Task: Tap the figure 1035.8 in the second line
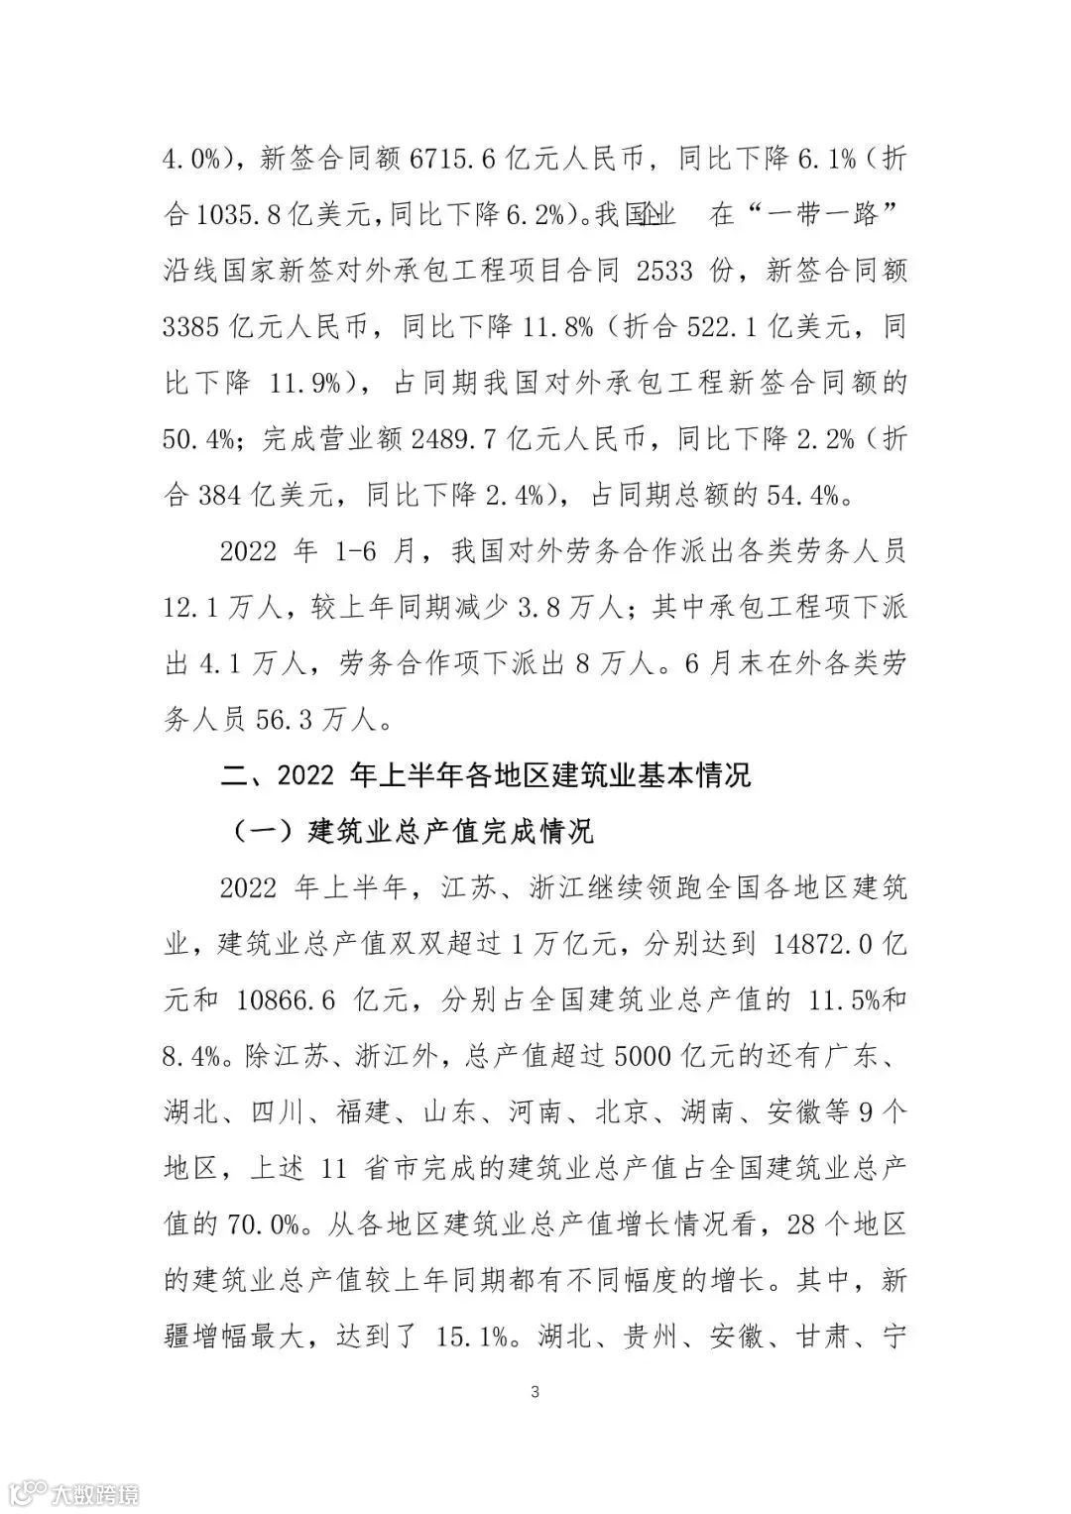point(246,215)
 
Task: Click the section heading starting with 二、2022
point(486,774)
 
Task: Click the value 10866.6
point(288,998)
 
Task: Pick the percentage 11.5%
point(845,998)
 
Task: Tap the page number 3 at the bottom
point(535,1392)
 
